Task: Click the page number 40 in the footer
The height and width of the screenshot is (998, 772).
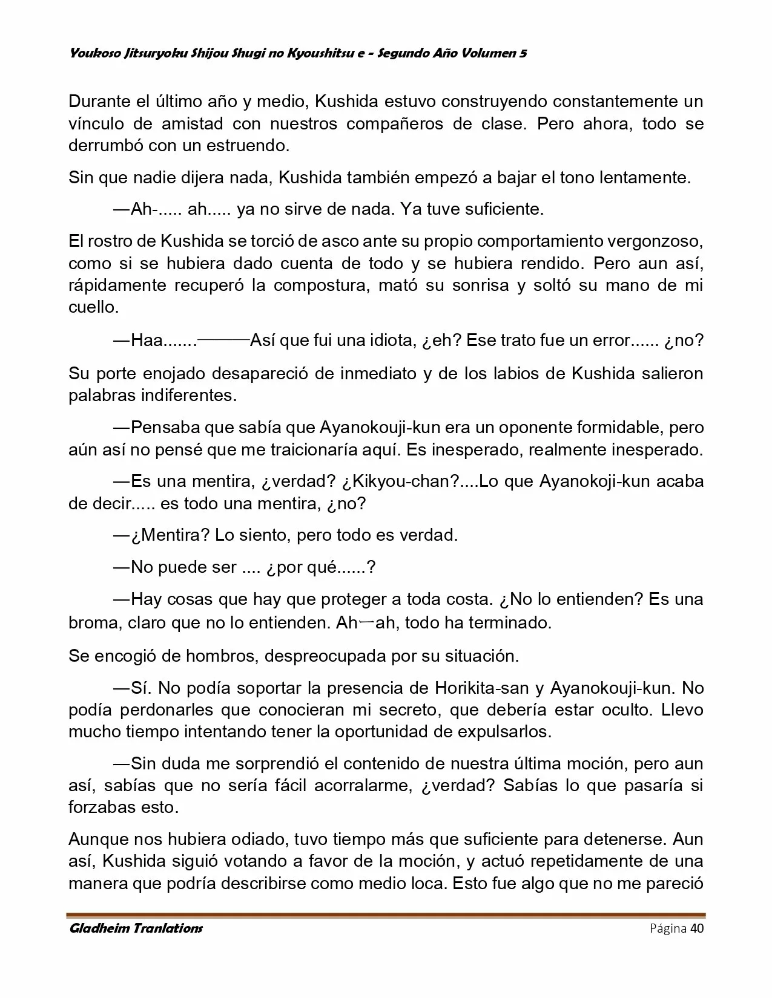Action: pos(696,928)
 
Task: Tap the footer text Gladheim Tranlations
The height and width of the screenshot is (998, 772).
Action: pos(136,928)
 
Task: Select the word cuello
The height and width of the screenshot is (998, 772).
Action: pos(93,307)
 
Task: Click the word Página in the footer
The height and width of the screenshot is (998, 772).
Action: pos(668,928)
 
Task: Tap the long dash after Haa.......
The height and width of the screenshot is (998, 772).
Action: pos(223,341)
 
